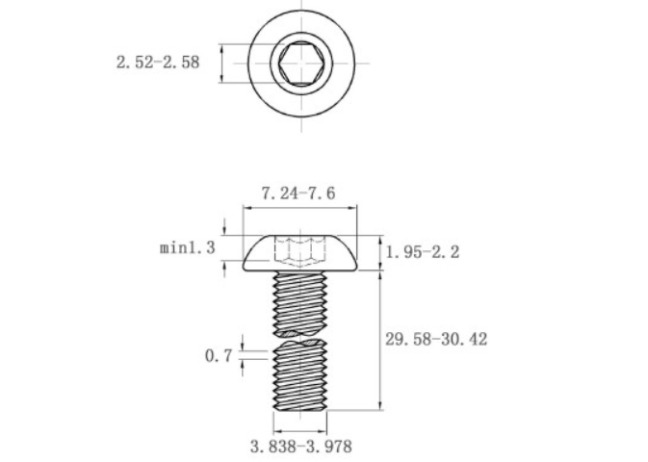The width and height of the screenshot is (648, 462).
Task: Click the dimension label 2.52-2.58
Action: point(158,63)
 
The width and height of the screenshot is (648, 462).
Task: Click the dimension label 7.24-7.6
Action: point(298,192)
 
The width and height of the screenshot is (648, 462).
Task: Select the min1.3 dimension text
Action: point(188,248)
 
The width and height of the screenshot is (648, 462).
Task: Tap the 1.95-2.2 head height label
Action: point(423,252)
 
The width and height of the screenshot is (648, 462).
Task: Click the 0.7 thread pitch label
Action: point(219,355)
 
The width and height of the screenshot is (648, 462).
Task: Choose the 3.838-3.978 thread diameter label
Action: point(301,447)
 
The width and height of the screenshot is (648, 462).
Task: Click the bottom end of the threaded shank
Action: point(300,408)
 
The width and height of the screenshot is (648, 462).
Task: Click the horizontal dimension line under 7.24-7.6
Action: point(298,206)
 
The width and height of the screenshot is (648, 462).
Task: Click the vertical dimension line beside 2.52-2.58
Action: point(222,63)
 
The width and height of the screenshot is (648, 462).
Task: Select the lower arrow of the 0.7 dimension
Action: point(243,363)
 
